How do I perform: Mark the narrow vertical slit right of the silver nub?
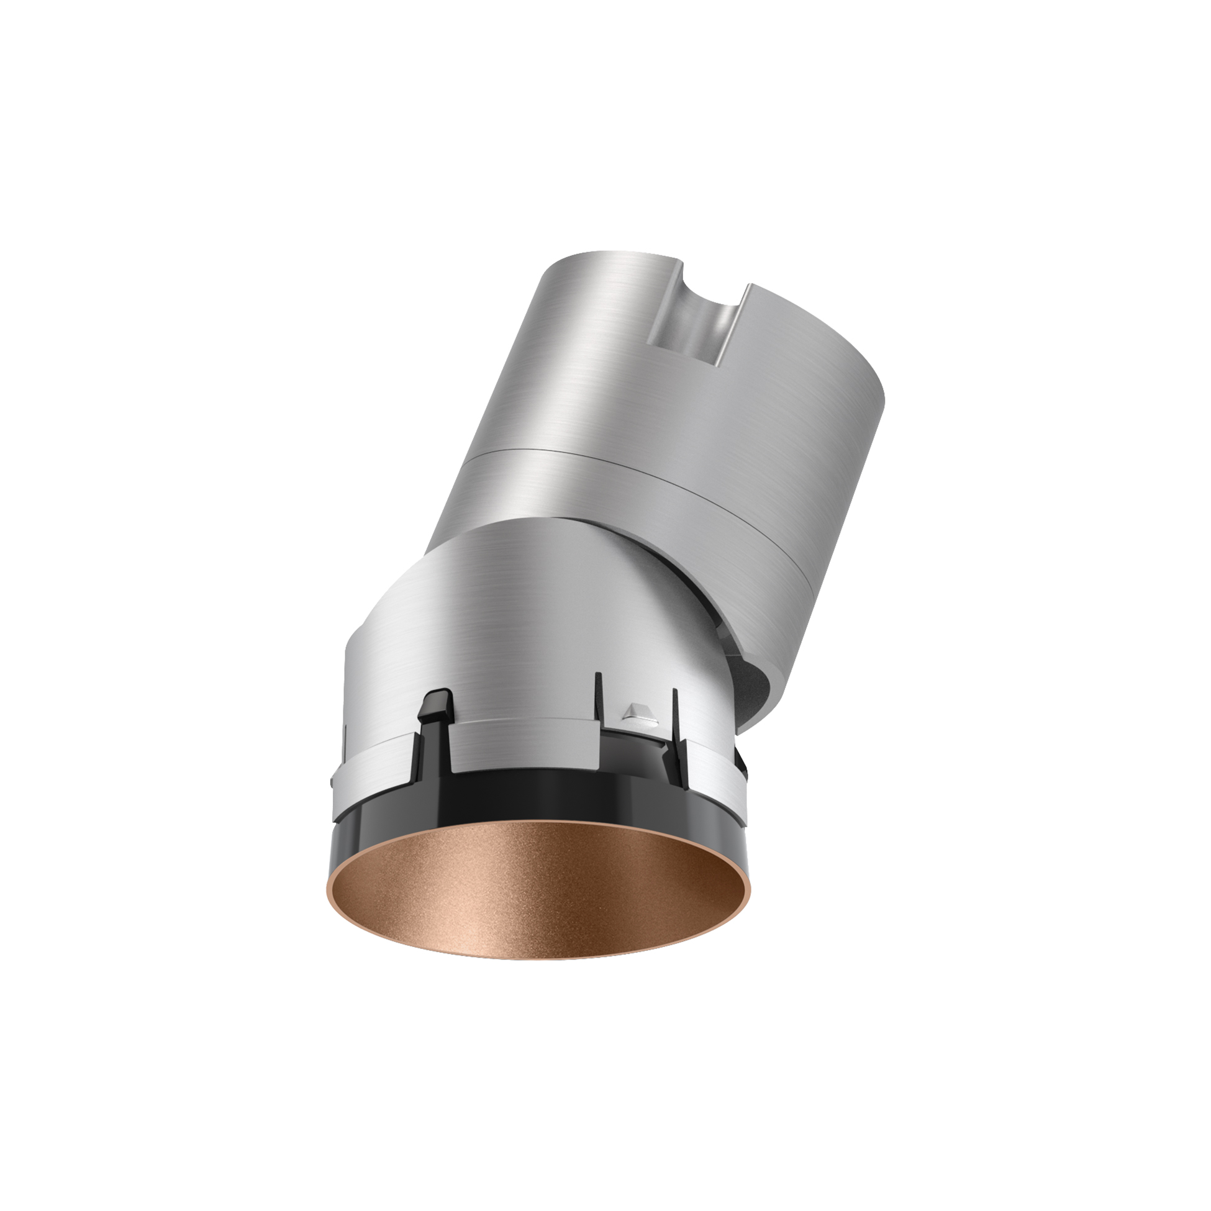pos(674,709)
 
